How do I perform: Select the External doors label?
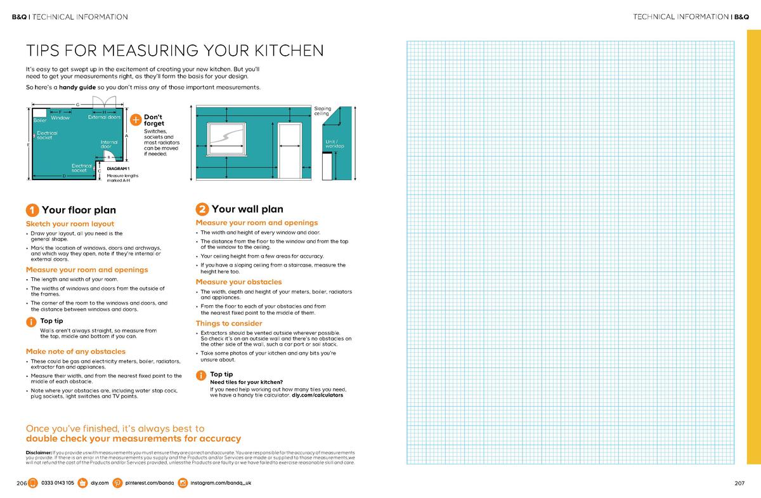coord(104,117)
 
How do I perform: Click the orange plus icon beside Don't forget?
coord(135,120)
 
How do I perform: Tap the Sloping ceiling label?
coord(322,111)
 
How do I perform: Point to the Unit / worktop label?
coord(334,143)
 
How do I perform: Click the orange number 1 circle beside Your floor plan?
coord(32,211)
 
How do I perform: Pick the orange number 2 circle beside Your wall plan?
coord(202,209)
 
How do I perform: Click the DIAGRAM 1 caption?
coord(118,168)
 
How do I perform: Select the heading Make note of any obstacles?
coord(75,351)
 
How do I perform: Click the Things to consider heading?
coord(228,324)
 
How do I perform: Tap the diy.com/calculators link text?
coord(317,395)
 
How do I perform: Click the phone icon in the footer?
coord(33,483)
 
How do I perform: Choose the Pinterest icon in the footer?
coord(117,483)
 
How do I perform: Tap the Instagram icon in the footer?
coord(183,483)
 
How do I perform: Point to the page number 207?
coord(739,483)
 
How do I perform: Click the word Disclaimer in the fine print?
coord(39,452)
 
